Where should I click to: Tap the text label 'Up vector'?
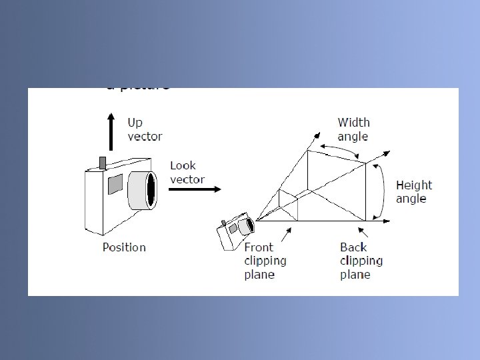(x=144, y=129)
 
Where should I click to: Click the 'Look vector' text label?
(x=187, y=172)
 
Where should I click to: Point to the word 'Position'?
(x=124, y=247)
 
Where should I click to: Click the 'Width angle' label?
(x=353, y=129)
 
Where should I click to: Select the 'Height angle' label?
(x=414, y=192)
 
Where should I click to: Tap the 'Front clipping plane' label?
(x=265, y=261)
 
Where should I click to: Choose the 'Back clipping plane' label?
(x=361, y=261)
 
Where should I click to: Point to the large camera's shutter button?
(x=103, y=163)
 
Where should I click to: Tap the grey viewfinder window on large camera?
(x=115, y=183)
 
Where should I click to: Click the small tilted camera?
(x=235, y=231)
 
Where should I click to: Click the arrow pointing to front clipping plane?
(x=287, y=233)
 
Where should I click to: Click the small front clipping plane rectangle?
(x=288, y=206)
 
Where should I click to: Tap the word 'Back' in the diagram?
(x=353, y=247)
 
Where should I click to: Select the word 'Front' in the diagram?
(x=259, y=247)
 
